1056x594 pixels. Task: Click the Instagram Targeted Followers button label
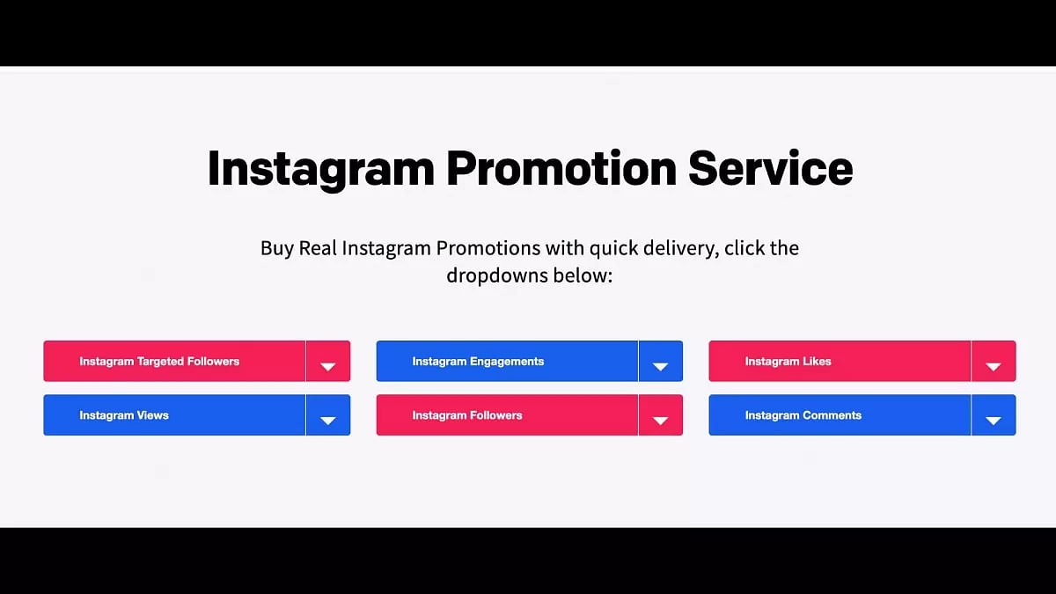(x=159, y=362)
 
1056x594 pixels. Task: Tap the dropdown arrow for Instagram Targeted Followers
(x=328, y=366)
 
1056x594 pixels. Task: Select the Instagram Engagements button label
(x=478, y=362)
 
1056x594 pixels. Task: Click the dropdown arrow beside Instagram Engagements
(x=661, y=366)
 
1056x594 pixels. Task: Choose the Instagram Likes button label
(x=788, y=362)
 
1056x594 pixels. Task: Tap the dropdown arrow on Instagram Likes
(x=994, y=366)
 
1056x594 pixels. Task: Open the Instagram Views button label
(x=124, y=415)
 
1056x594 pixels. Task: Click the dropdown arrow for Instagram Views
(x=328, y=421)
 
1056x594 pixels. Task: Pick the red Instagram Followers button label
(x=467, y=415)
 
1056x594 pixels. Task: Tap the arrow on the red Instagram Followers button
(x=661, y=421)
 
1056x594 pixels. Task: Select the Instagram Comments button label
(x=803, y=415)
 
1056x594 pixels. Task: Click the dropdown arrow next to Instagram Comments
(x=994, y=421)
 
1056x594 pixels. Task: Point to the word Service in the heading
(x=771, y=167)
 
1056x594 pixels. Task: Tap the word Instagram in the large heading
(x=321, y=167)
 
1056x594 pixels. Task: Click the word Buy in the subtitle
(x=277, y=248)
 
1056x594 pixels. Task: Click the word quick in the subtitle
(x=613, y=248)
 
